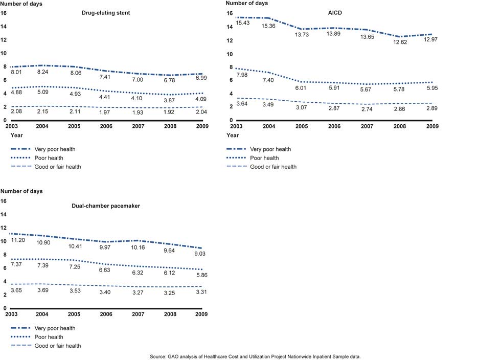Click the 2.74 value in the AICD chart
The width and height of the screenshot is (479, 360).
click(x=367, y=110)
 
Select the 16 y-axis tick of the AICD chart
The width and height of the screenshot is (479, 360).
click(x=230, y=13)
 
